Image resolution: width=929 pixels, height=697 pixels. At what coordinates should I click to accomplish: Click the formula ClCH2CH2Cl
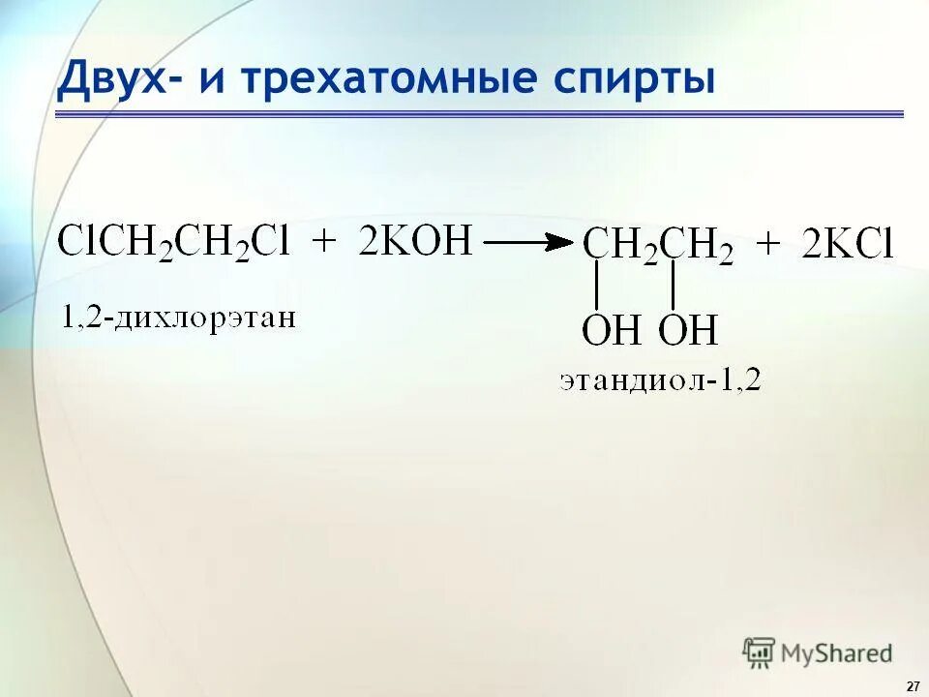[x=173, y=241]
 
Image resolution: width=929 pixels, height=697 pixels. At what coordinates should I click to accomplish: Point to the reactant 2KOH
[x=416, y=239]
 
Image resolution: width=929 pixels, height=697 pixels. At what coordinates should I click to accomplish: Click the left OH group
[x=611, y=331]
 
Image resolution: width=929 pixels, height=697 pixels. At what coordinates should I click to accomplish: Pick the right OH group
[x=688, y=331]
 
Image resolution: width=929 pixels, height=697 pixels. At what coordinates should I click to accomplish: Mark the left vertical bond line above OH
[x=597, y=287]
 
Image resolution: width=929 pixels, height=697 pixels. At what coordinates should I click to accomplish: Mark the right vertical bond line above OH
[x=674, y=287]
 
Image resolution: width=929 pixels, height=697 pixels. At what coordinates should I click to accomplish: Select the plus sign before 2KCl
[x=767, y=245]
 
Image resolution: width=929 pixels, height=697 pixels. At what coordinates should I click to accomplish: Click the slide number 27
[x=913, y=685]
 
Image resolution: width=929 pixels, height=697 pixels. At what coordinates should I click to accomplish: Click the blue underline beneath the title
[x=479, y=114]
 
